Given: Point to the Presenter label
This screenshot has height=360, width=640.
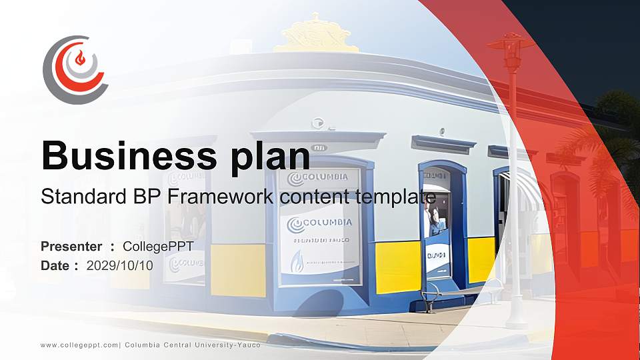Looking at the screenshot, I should tap(71, 247).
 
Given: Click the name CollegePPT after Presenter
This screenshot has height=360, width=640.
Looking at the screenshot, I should tap(158, 247).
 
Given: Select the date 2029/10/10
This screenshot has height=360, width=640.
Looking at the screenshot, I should tap(120, 265).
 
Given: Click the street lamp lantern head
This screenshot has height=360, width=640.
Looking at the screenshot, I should tap(511, 53).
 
